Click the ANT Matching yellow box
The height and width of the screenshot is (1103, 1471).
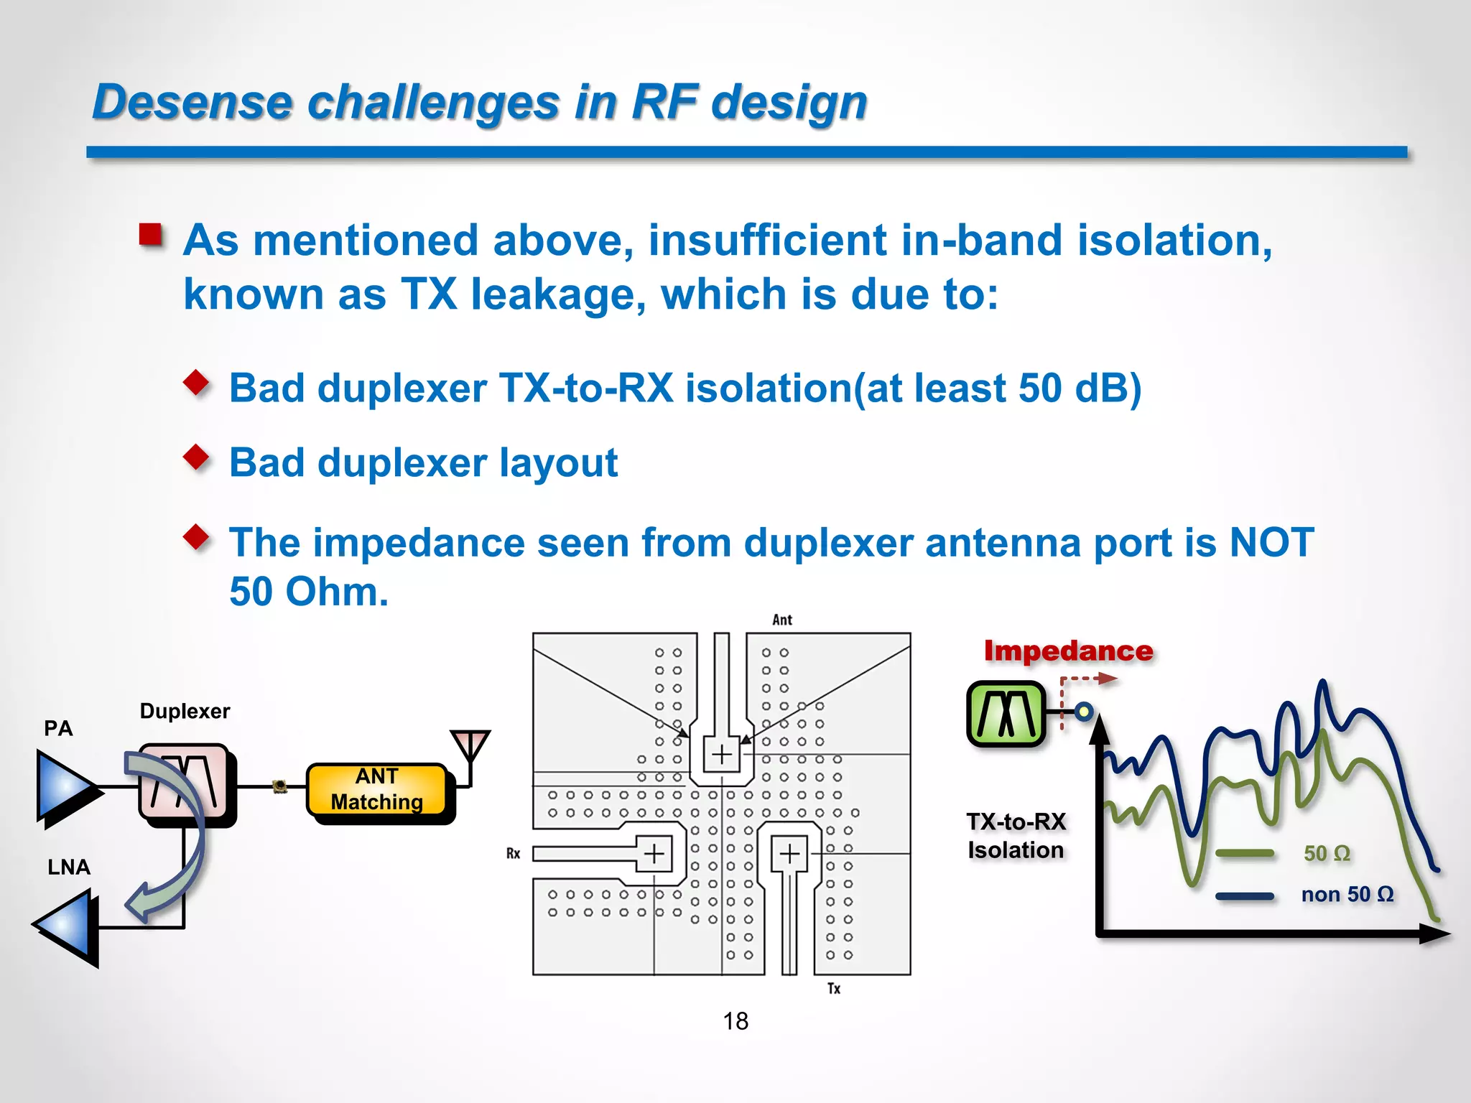377,789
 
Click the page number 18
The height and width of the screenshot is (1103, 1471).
735,1021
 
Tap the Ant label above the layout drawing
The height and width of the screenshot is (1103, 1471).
782,620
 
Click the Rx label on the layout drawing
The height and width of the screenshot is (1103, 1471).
513,853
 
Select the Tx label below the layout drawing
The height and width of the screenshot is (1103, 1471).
833,989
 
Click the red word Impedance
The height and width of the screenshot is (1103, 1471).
1068,651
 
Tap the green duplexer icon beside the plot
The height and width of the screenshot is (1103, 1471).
1006,714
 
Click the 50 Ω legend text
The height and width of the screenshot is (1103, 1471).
1327,853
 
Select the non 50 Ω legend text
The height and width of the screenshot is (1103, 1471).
1347,894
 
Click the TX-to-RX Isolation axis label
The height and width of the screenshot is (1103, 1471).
1016,835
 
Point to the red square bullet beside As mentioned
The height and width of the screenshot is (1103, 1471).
151,234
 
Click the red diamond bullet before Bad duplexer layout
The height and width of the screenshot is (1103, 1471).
196,456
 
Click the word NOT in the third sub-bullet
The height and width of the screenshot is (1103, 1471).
1271,542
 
